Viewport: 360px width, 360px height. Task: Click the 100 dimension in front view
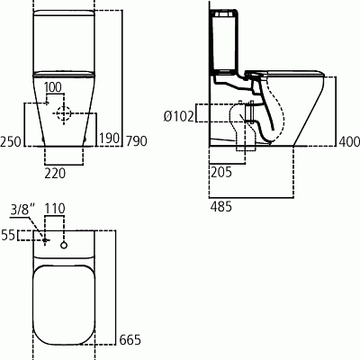[x=54, y=87]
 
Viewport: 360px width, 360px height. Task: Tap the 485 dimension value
[x=219, y=207]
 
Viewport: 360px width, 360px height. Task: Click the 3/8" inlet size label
[x=20, y=209]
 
